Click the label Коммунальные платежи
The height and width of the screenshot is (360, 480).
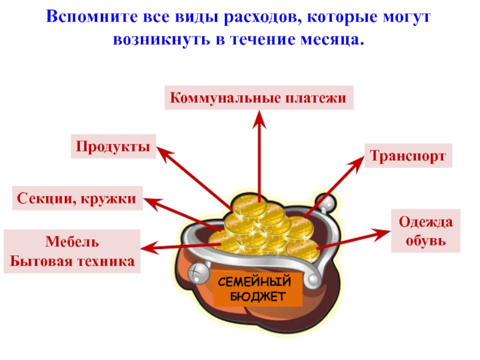click(x=259, y=97)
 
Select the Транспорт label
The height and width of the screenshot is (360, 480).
click(x=408, y=156)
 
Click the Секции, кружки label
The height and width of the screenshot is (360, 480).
click(x=77, y=197)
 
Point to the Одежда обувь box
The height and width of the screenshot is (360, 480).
click(x=426, y=230)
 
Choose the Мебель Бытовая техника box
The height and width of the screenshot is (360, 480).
click(x=71, y=251)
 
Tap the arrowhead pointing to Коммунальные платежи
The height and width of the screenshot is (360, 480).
click(x=259, y=118)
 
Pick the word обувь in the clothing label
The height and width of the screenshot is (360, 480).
click(x=425, y=241)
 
